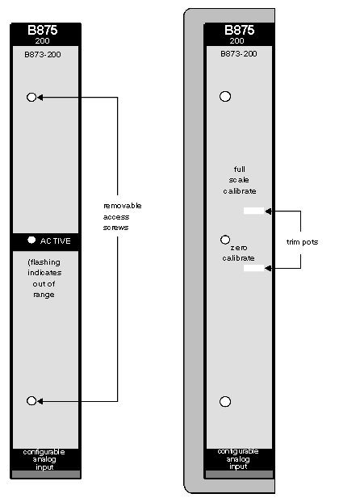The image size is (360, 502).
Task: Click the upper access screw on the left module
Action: click(31, 97)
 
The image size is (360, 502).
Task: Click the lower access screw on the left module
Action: click(31, 400)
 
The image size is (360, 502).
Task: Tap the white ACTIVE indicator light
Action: click(31, 240)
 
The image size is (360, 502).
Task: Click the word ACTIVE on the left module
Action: click(56, 241)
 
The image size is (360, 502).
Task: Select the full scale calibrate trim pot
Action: click(253, 211)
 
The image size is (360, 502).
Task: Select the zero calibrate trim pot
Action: click(253, 268)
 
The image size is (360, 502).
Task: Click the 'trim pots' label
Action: click(302, 242)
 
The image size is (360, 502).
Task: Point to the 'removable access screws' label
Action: click(122, 216)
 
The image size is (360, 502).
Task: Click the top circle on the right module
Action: click(225, 96)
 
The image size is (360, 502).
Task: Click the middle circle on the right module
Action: click(225, 240)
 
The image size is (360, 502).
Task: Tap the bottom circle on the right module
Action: click(225, 401)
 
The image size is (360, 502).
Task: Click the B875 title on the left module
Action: click(43, 30)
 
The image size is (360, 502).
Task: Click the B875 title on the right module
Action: click(239, 30)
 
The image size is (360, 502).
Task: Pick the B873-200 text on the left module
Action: click(43, 54)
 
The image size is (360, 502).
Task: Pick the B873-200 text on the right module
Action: click(239, 53)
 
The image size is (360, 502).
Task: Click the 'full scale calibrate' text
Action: click(240, 180)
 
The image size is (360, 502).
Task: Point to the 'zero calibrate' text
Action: click(239, 253)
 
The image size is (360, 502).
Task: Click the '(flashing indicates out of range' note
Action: click(44, 278)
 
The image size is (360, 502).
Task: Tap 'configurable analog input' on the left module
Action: click(44, 459)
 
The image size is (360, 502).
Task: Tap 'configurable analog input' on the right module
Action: click(238, 458)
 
